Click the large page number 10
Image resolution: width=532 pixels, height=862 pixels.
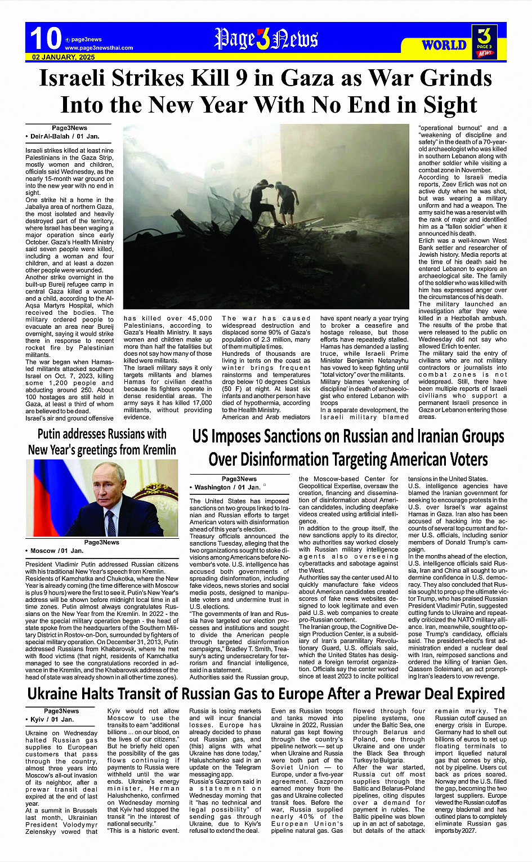click(45, 39)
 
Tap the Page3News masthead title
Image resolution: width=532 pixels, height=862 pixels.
click(266, 39)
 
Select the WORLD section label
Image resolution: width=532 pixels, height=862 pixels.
click(444, 45)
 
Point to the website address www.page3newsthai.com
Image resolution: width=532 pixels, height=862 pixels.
click(99, 48)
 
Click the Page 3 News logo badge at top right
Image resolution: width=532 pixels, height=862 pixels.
click(484, 42)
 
